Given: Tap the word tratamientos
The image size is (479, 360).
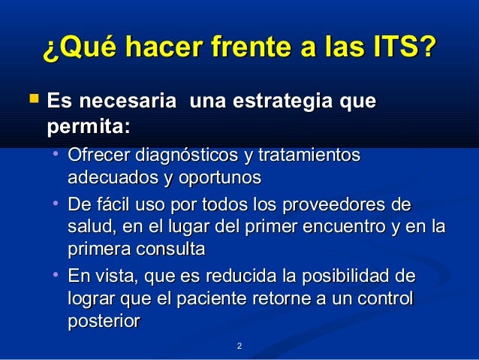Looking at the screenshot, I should click(x=309, y=156).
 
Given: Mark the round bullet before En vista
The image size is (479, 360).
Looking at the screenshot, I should click(x=56, y=275).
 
